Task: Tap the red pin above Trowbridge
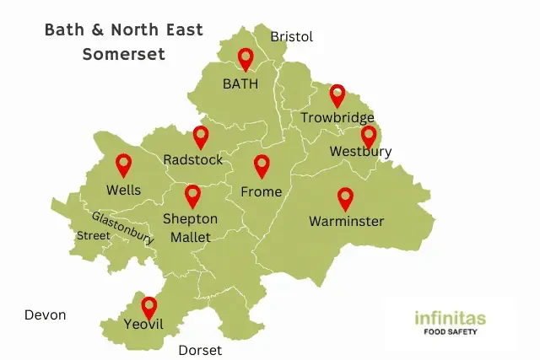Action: [337, 95]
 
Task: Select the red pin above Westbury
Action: [369, 137]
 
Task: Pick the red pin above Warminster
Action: [345, 198]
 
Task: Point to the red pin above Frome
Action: [262, 165]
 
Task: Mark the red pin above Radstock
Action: [201, 137]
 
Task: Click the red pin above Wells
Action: [124, 164]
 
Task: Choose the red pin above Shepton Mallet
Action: [192, 196]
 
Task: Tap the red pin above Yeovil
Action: [149, 308]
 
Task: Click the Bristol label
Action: [291, 37]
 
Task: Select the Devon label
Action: [46, 315]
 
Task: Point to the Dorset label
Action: [200, 350]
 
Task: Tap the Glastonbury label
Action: [123, 228]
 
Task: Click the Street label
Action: [93, 236]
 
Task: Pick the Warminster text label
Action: [346, 222]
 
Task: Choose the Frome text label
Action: [262, 191]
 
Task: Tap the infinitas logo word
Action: [450, 319]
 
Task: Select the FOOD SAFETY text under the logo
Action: [451, 332]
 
